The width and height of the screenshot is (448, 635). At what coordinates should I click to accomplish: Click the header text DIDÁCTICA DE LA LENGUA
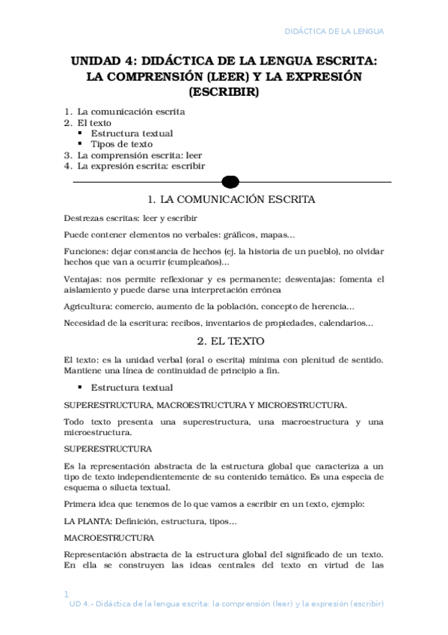pyautogui.click(x=335, y=31)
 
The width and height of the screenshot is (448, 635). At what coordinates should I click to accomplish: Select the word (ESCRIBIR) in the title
pyautogui.click(x=224, y=94)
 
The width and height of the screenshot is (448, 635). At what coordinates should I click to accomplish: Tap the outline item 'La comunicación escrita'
pyautogui.click(x=132, y=112)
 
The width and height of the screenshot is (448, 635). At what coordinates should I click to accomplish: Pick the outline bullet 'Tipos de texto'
pyautogui.click(x=122, y=144)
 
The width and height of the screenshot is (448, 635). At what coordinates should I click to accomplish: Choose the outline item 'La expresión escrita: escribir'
pyautogui.click(x=141, y=165)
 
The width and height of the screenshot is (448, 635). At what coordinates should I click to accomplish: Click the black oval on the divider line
pyautogui.click(x=230, y=182)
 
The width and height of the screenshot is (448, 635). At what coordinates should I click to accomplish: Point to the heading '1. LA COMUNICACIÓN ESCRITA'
pyautogui.click(x=232, y=200)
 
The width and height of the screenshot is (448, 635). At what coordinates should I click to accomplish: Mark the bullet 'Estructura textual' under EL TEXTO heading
pyautogui.click(x=132, y=387)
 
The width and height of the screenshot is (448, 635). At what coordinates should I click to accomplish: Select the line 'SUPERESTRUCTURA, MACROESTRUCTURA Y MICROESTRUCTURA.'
pyautogui.click(x=205, y=405)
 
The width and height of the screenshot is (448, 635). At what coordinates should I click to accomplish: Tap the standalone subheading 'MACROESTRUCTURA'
pyautogui.click(x=108, y=538)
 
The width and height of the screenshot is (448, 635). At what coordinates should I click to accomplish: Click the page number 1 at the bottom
pyautogui.click(x=67, y=594)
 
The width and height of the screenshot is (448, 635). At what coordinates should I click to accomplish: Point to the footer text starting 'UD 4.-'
pyautogui.click(x=226, y=604)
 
